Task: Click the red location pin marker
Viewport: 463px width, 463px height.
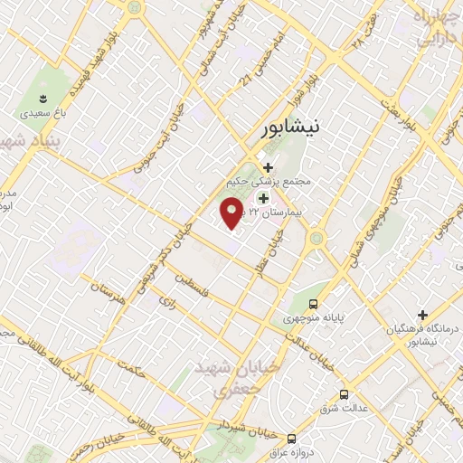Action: point(231,213)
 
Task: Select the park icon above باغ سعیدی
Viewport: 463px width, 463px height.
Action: point(43,96)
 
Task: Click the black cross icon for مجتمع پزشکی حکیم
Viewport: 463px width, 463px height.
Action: point(268,166)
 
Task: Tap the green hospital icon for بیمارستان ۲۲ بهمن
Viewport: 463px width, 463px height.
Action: point(264,197)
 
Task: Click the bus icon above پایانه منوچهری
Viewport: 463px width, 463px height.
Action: point(313,304)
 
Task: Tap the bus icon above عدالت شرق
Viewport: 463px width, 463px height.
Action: point(344,393)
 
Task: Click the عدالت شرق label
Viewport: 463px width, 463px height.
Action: point(344,408)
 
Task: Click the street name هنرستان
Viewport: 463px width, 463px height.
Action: point(108,292)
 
